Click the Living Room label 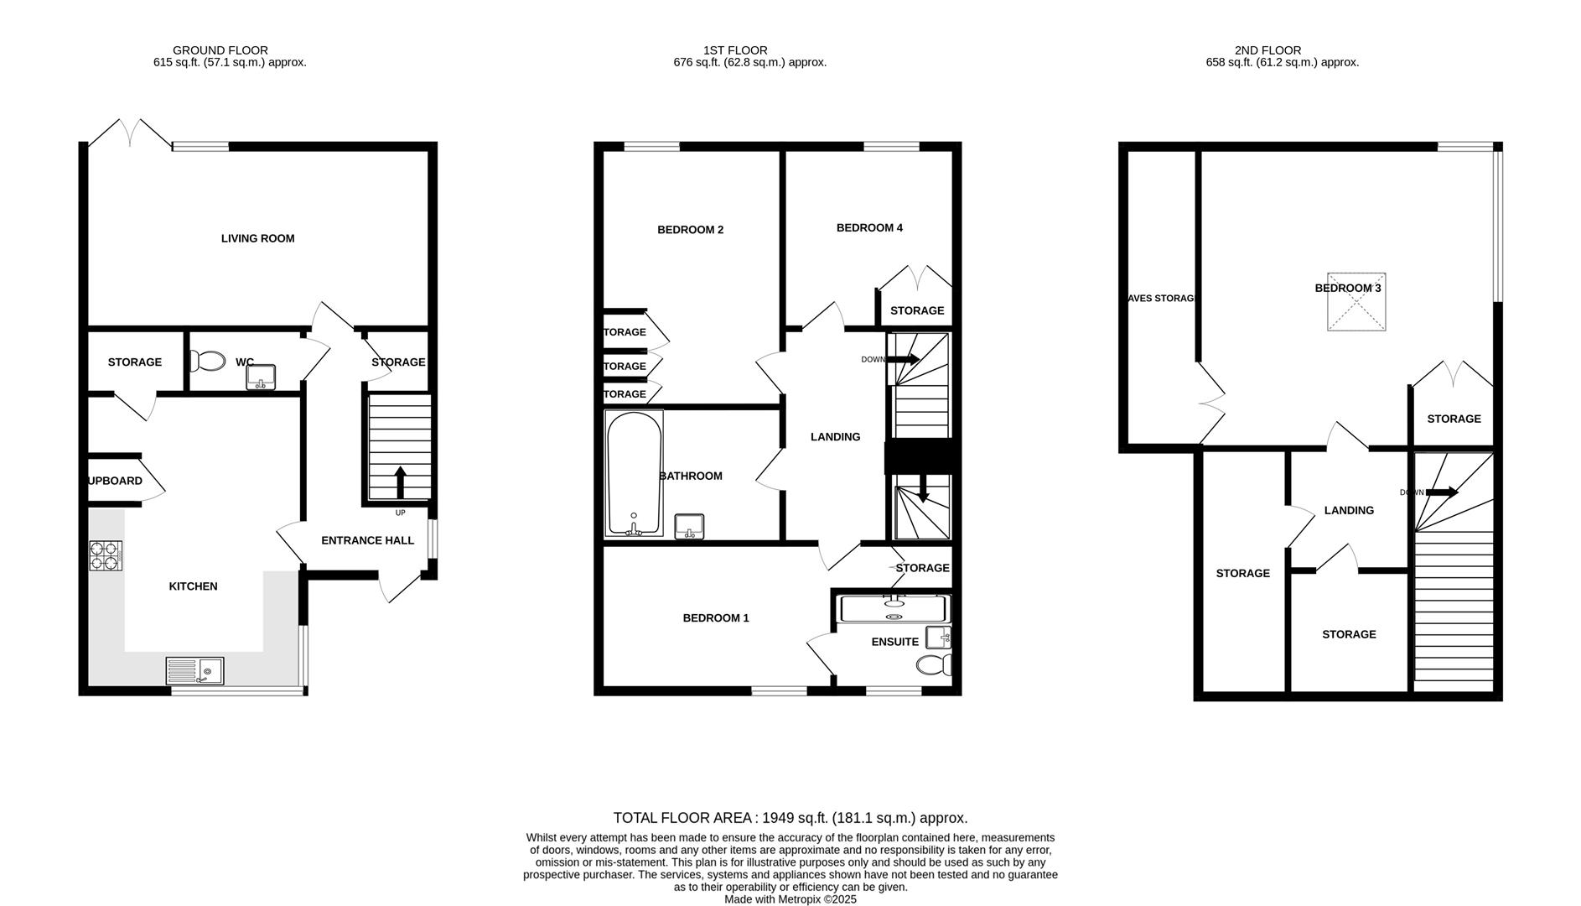pyautogui.click(x=257, y=238)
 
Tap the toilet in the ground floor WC pyautogui.click(x=207, y=362)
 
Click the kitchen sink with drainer pyautogui.click(x=194, y=671)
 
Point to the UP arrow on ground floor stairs pyautogui.click(x=400, y=482)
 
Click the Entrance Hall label pyautogui.click(x=367, y=540)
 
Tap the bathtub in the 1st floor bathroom pyautogui.click(x=634, y=473)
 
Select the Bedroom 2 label pyautogui.click(x=690, y=230)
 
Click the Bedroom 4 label pyautogui.click(x=869, y=227)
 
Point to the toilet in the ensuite pyautogui.click(x=933, y=665)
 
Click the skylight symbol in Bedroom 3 pyautogui.click(x=1356, y=302)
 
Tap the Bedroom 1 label pyautogui.click(x=715, y=618)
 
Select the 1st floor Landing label pyautogui.click(x=835, y=437)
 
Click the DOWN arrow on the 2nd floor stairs pyautogui.click(x=1441, y=492)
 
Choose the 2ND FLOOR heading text pyautogui.click(x=1267, y=50)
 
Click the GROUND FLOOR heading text pyautogui.click(x=220, y=50)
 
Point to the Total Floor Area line pyautogui.click(x=790, y=818)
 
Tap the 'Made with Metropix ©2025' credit pyautogui.click(x=790, y=899)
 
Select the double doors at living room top pyautogui.click(x=130, y=134)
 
